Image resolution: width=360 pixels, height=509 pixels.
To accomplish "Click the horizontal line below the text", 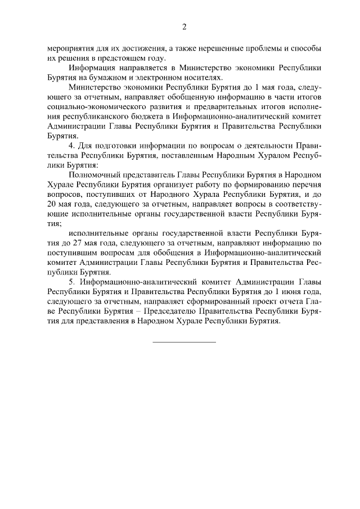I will [x=184, y=341].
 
